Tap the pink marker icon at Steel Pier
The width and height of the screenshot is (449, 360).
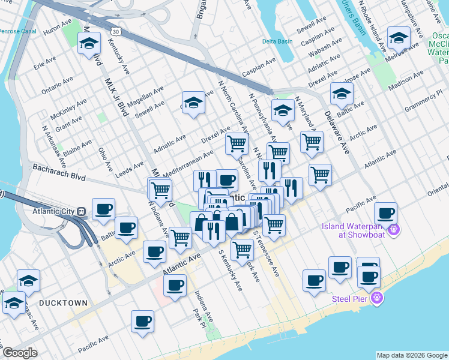377,298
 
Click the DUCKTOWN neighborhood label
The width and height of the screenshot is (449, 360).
63,303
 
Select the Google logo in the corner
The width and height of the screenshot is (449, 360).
20,353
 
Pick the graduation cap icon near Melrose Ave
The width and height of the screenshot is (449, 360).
399,38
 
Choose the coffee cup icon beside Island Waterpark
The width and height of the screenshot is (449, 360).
385,213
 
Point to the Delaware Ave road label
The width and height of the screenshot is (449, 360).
337,133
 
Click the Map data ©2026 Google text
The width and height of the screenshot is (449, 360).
412,355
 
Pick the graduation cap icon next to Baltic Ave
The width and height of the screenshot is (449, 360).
341,93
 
